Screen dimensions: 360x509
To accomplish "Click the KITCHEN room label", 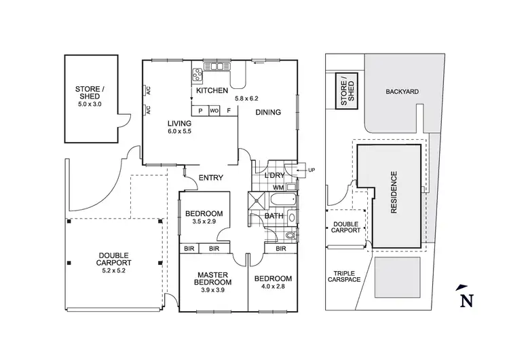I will pos(210,90).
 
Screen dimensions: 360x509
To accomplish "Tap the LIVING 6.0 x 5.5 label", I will pos(181,127).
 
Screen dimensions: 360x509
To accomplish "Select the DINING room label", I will pos(268,113).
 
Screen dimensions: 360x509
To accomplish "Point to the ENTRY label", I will pos(211,178).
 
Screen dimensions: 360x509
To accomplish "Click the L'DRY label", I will pos(274,175).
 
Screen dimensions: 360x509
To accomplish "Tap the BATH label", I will pos(274,216).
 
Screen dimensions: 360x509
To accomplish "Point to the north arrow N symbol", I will pos(466,300).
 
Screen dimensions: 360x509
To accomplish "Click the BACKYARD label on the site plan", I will pos(400,91).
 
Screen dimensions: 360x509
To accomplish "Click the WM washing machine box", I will pos(279,187).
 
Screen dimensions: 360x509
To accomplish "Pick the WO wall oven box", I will pos(214,111).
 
